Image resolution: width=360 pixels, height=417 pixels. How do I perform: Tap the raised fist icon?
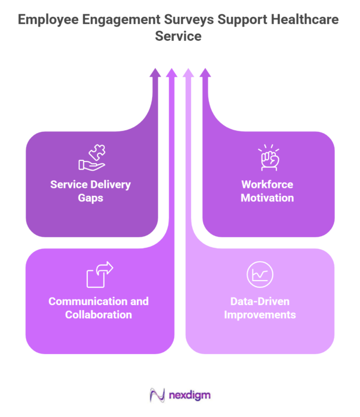(268, 158)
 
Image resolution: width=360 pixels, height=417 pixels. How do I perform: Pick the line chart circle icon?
(260, 275)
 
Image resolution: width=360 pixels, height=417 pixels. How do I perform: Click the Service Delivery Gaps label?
(90, 191)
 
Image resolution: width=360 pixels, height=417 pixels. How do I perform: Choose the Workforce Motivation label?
(268, 191)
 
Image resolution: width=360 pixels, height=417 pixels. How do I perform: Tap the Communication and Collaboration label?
(99, 308)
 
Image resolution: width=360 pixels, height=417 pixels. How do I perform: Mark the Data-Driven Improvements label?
(260, 308)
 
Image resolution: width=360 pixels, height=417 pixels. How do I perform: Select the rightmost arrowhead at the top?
(205, 73)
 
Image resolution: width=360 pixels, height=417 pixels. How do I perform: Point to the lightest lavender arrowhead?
(188, 73)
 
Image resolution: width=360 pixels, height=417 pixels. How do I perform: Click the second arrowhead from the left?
(172, 73)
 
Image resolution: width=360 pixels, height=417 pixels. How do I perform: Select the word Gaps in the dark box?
(90, 197)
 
